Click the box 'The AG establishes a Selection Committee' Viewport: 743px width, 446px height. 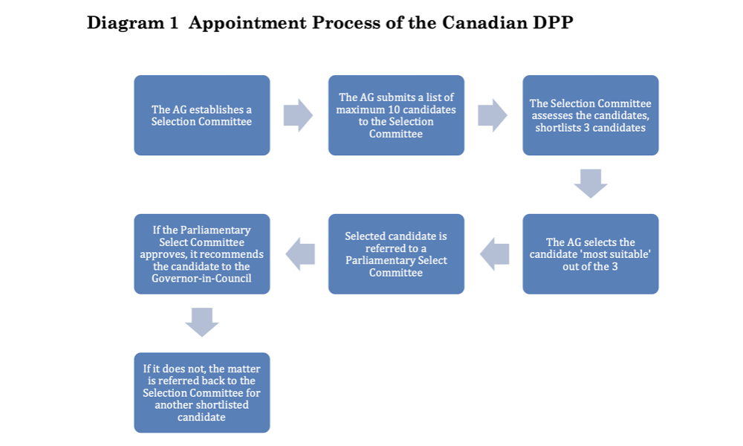(202, 115)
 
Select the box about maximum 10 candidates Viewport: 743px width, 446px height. (396, 115)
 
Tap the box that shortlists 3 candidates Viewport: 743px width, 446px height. (591, 115)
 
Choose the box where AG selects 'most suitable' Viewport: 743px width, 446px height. (591, 254)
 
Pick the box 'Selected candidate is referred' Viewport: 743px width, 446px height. (396, 254)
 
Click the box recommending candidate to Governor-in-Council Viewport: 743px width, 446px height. (202, 254)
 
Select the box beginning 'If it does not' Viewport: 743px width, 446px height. (202, 392)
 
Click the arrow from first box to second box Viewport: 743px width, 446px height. (298, 115)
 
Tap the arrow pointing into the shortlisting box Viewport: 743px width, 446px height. (493, 115)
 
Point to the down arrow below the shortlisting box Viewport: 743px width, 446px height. (591, 184)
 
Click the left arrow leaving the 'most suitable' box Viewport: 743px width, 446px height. (494, 254)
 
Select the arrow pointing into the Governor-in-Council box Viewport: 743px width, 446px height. (300, 254)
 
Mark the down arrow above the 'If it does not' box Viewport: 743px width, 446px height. (202, 323)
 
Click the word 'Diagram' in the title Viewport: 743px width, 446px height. (125, 23)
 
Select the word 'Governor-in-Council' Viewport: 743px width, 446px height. (201, 278)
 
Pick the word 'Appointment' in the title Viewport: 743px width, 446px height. (247, 24)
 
